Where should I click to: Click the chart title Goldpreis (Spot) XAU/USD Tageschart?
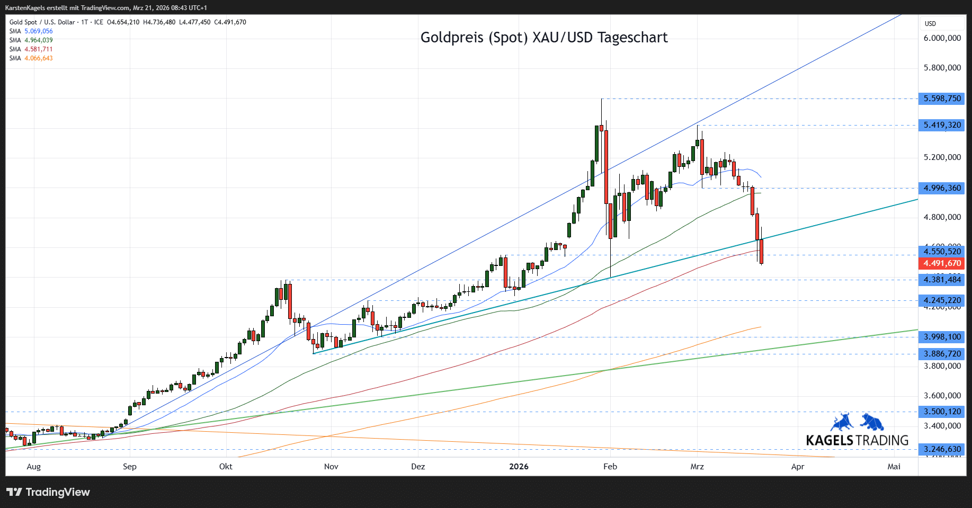[543, 38]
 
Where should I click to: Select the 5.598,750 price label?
[942, 99]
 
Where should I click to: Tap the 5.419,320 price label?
[942, 126]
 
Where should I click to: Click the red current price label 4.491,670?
[942, 263]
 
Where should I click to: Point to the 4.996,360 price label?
[942, 188]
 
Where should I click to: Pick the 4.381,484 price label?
[942, 280]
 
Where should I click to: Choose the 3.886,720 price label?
[942, 354]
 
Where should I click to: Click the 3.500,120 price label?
[942, 412]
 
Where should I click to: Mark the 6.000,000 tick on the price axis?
[942, 38]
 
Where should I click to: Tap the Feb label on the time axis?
[610, 467]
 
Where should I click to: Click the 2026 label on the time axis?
[519, 467]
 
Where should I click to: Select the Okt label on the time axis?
[226, 467]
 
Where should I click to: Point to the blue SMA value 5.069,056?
[38, 31]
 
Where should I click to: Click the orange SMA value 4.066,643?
[38, 58]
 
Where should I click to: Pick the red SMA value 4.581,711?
[38, 49]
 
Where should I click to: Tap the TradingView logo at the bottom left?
[48, 492]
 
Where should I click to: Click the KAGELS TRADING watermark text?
[857, 440]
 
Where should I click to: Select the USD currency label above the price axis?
[930, 24]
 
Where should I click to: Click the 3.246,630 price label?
[942, 449]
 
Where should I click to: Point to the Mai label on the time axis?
[894, 467]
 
